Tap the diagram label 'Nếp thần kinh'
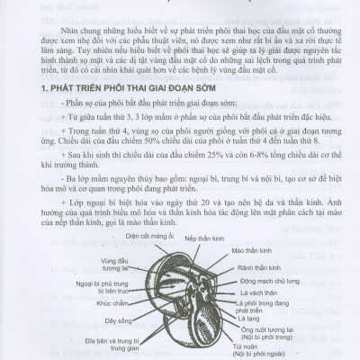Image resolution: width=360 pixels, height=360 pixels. coord(205,239)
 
